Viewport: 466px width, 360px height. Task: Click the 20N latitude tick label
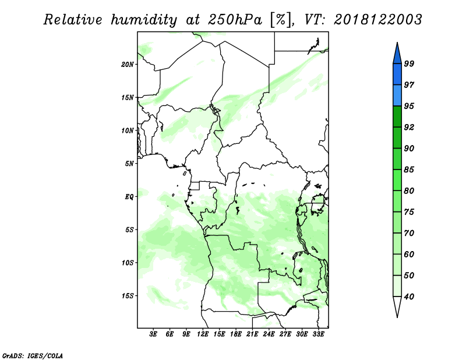[127, 65]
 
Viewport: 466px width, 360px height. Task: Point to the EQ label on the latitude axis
[129, 197]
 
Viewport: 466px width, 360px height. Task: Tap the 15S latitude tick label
[127, 296]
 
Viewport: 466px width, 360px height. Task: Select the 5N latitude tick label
[129, 164]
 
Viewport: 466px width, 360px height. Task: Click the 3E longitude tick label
[153, 334]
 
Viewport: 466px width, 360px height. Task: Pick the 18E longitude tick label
[236, 334]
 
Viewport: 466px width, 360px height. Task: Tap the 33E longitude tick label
[318, 334]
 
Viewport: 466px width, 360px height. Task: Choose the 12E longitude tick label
[203, 334]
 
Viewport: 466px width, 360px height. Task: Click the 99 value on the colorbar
[409, 63]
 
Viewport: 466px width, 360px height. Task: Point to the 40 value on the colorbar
[409, 297]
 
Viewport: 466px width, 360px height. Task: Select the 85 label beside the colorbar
[409, 170]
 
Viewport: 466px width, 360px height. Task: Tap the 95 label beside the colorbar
[409, 106]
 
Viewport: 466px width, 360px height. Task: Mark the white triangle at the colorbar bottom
[397, 305]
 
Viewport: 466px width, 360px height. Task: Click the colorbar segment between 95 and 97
[397, 96]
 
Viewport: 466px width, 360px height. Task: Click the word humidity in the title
[144, 20]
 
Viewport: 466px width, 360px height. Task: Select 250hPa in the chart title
[235, 20]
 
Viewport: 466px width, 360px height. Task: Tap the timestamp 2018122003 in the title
[377, 20]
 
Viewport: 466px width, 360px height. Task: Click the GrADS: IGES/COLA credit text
[33, 356]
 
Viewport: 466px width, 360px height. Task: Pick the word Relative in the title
[73, 20]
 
